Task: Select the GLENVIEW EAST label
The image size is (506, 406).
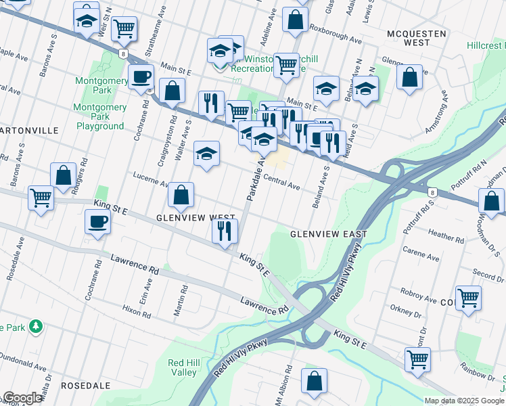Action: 328,234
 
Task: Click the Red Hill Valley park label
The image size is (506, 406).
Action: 183,367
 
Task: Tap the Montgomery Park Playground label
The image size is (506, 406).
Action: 99,116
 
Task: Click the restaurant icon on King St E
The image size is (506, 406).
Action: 225,231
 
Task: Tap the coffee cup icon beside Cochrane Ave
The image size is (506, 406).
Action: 98,222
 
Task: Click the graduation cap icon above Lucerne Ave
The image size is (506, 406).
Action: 207,153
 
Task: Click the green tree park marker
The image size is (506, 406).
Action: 34,327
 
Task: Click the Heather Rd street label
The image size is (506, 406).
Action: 444,236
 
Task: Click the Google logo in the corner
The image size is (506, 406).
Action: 22,398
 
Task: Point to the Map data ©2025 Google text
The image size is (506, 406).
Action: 464,401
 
